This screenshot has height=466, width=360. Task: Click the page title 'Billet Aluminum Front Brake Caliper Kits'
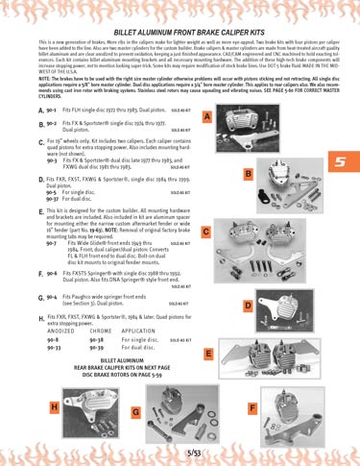click(180, 33)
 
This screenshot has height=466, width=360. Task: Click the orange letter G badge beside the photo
click(135, 411)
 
